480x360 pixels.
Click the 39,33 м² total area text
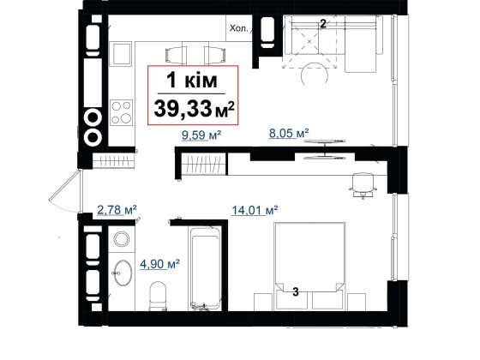(194, 109)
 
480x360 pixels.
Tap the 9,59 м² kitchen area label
(201, 135)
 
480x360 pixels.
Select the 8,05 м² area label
(289, 133)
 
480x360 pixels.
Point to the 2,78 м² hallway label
(117, 210)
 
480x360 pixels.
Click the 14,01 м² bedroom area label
(255, 210)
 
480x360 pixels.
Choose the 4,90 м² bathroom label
(159, 264)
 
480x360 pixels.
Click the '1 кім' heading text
(192, 81)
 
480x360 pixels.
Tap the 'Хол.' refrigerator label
(239, 28)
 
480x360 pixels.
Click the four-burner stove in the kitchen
(121, 112)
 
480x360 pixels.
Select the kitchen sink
(121, 54)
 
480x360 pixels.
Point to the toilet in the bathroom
(159, 296)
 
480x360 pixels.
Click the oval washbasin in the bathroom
(122, 273)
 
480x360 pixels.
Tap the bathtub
(205, 268)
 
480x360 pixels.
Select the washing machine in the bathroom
(122, 239)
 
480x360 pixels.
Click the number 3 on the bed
(296, 291)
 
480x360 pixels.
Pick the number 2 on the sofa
(322, 24)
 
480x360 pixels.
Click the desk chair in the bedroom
(363, 185)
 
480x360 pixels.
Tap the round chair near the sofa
(315, 74)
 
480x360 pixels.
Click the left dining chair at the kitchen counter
(176, 56)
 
